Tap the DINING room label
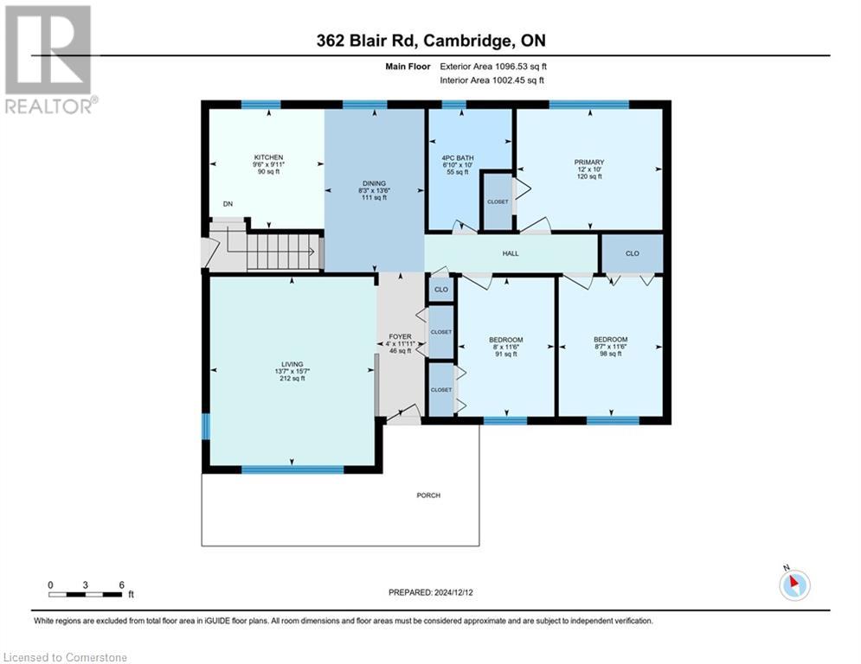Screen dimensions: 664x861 click(374, 183)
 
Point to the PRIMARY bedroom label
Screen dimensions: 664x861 click(588, 162)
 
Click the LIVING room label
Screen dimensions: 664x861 click(292, 364)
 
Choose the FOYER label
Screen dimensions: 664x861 click(399, 336)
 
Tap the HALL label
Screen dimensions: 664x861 click(511, 254)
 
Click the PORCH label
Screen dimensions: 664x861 click(428, 495)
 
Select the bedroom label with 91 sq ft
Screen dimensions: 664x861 click(505, 340)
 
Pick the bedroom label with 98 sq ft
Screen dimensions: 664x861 click(610, 340)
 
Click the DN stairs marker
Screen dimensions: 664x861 click(228, 204)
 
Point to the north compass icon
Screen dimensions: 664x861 click(794, 584)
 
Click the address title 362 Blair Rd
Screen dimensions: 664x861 click(430, 40)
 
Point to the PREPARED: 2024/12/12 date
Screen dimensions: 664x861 click(430, 592)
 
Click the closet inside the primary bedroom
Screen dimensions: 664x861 click(497, 201)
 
